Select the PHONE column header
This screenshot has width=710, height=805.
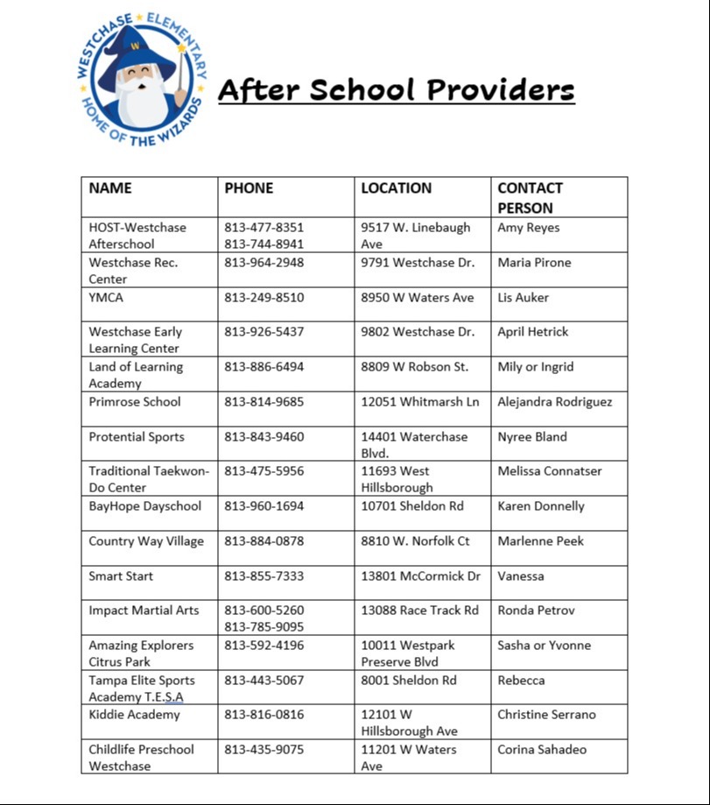click(249, 188)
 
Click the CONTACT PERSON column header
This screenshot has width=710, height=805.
click(530, 198)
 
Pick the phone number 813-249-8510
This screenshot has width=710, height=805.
click(264, 298)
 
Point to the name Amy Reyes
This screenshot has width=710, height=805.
click(529, 228)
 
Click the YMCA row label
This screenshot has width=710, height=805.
click(106, 298)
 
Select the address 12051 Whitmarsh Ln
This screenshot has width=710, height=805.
click(420, 402)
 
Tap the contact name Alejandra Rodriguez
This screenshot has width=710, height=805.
click(555, 402)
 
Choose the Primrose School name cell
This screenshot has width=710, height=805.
click(135, 402)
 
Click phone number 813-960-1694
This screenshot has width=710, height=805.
click(264, 506)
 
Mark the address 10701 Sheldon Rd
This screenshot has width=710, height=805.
click(412, 506)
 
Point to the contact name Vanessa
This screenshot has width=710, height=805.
click(521, 576)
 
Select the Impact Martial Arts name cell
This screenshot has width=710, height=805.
click(144, 611)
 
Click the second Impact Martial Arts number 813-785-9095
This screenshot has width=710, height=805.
click(264, 627)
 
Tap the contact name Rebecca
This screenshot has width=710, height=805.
click(521, 681)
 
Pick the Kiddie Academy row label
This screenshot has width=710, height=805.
click(134, 715)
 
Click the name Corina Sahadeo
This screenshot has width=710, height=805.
click(542, 750)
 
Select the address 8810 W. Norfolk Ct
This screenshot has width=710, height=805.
click(415, 541)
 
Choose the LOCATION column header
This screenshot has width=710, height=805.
click(397, 188)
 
